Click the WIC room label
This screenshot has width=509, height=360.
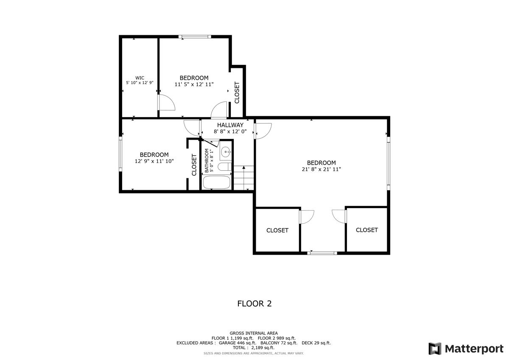(x=140, y=78)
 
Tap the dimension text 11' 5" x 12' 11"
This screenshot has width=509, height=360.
(x=194, y=84)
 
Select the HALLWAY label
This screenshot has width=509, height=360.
(x=230, y=125)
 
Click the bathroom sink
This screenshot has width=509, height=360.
(x=226, y=151)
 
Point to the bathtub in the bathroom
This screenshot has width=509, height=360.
(x=216, y=183)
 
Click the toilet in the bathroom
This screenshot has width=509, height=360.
(x=224, y=167)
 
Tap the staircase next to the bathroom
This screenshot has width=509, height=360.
(x=243, y=178)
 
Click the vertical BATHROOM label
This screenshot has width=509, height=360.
(x=207, y=160)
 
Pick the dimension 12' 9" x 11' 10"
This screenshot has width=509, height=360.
(x=154, y=161)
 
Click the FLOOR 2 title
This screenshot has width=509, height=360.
(x=254, y=304)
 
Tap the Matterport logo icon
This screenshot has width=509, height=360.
(x=435, y=349)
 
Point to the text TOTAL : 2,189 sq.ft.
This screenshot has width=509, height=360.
(x=254, y=348)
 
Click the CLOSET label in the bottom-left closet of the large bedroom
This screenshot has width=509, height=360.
(x=277, y=231)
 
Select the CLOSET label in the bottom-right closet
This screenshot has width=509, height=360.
(x=366, y=230)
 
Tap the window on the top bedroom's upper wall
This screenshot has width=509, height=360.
(x=195, y=37)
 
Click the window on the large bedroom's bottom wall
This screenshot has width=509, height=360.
(x=322, y=253)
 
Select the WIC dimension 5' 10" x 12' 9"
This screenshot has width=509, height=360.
(x=140, y=83)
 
